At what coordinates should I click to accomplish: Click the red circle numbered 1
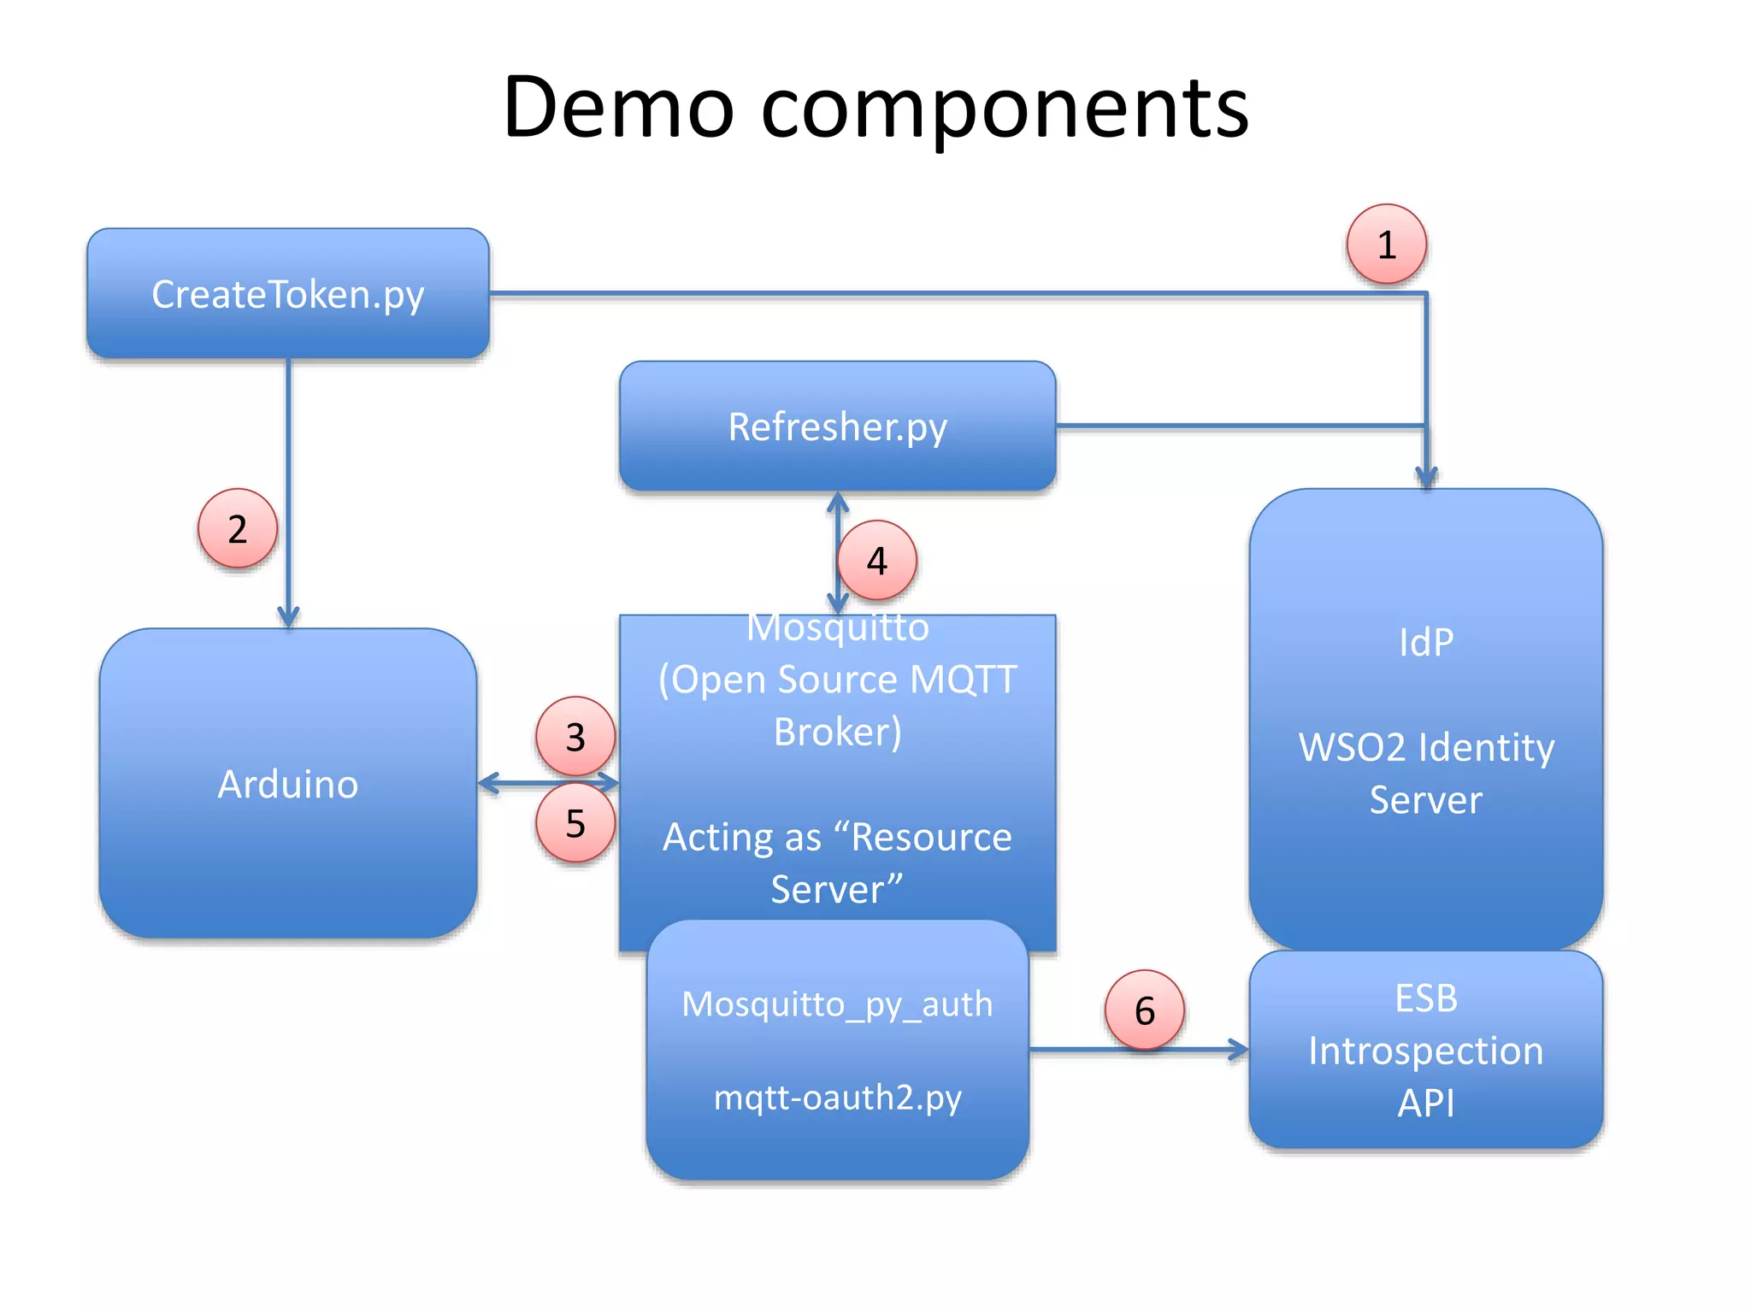(x=1386, y=244)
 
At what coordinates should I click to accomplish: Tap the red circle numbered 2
(x=238, y=528)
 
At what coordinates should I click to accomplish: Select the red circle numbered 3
(x=575, y=737)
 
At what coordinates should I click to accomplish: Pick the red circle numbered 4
(x=877, y=561)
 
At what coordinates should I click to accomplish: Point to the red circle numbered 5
(x=575, y=823)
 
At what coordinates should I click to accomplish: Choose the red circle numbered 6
(x=1145, y=1010)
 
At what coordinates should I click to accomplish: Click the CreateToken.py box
(x=288, y=294)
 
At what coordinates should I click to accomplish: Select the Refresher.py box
(x=837, y=426)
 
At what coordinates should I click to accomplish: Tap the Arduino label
(x=288, y=784)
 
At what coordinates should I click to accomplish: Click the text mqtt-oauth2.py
(x=837, y=1097)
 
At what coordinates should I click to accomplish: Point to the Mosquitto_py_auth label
(x=837, y=1004)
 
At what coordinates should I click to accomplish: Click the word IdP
(x=1425, y=643)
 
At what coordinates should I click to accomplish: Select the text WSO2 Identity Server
(x=1425, y=773)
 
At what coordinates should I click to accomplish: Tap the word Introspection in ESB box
(x=1425, y=1051)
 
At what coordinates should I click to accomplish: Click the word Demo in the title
(x=618, y=108)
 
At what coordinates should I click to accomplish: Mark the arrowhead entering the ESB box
(x=1239, y=1049)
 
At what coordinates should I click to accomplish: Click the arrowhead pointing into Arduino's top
(x=288, y=618)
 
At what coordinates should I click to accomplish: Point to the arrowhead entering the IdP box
(x=1426, y=478)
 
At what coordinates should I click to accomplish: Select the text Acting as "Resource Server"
(x=837, y=863)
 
